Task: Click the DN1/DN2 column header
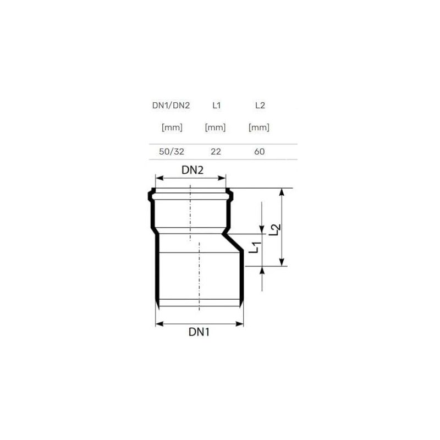click(x=171, y=106)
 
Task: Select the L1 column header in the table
click(x=216, y=106)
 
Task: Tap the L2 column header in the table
click(x=260, y=106)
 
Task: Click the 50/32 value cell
click(x=172, y=152)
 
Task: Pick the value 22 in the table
click(x=216, y=152)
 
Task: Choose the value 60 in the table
click(x=259, y=152)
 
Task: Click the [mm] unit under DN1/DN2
click(x=172, y=128)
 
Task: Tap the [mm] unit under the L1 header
click(x=215, y=128)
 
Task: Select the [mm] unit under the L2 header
click(x=258, y=128)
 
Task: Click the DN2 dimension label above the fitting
click(x=193, y=170)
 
